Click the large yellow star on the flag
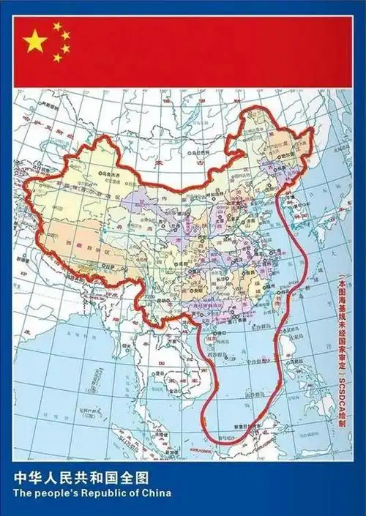[x=34, y=42]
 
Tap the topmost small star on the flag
[x=57, y=26]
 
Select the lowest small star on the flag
[x=57, y=58]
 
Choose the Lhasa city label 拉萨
[x=109, y=268]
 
